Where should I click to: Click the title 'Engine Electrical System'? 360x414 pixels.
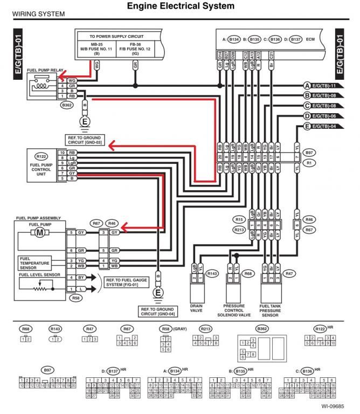click(180, 6)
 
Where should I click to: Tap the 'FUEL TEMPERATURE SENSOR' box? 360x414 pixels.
click(35, 263)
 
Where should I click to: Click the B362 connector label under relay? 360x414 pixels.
click(67, 105)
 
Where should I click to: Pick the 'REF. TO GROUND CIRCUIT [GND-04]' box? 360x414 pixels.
click(157, 312)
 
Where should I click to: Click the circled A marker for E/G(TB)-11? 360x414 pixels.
click(307, 86)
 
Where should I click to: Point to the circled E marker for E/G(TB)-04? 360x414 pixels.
click(307, 127)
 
